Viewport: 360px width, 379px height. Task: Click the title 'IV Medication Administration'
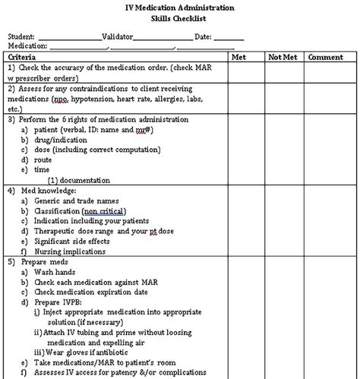(x=180, y=6)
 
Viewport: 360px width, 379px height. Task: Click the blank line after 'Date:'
(x=229, y=36)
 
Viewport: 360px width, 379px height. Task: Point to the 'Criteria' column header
(x=26, y=57)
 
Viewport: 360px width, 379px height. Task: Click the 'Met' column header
(x=238, y=57)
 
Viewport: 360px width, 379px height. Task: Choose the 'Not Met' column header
(x=281, y=57)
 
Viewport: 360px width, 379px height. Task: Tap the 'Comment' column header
(x=326, y=57)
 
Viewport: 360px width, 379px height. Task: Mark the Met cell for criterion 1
(x=238, y=73)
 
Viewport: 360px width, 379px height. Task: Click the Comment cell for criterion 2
(x=326, y=99)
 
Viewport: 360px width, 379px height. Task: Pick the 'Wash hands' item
(x=53, y=272)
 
